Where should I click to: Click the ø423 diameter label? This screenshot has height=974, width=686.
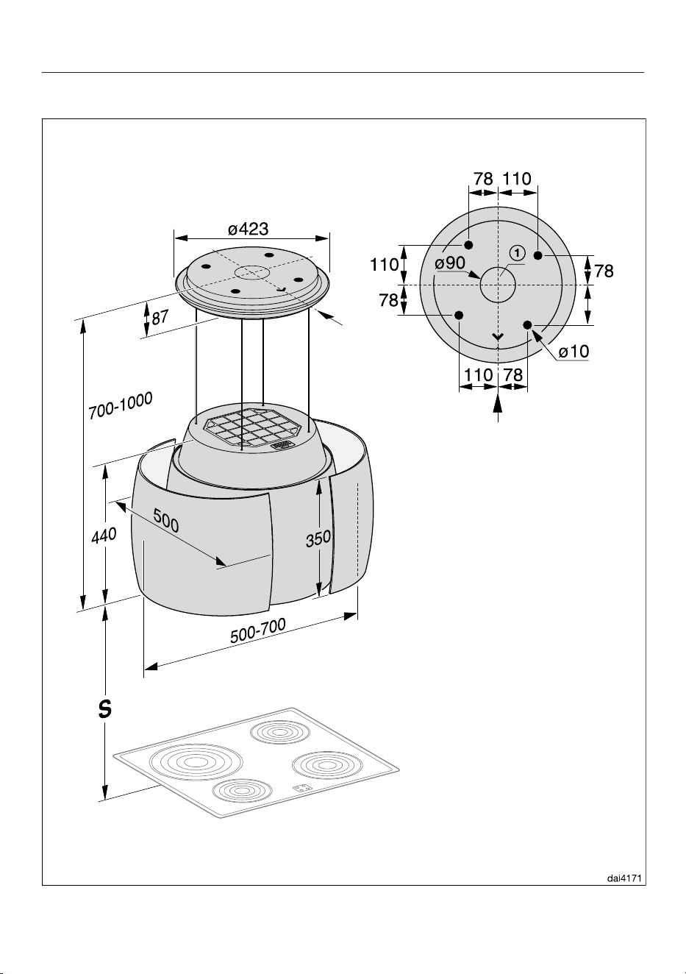point(249,229)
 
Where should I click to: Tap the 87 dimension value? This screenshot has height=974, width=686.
point(160,317)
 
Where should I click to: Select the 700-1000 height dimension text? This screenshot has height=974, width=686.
point(121,405)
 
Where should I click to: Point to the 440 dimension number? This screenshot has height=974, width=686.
point(104,536)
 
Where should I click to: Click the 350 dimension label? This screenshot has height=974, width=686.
point(318,539)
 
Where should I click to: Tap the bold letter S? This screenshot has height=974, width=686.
point(104,709)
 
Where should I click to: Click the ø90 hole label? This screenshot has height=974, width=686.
point(450,263)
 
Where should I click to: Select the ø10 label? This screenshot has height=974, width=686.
point(574,352)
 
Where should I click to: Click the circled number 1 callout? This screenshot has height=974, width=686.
point(517,252)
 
